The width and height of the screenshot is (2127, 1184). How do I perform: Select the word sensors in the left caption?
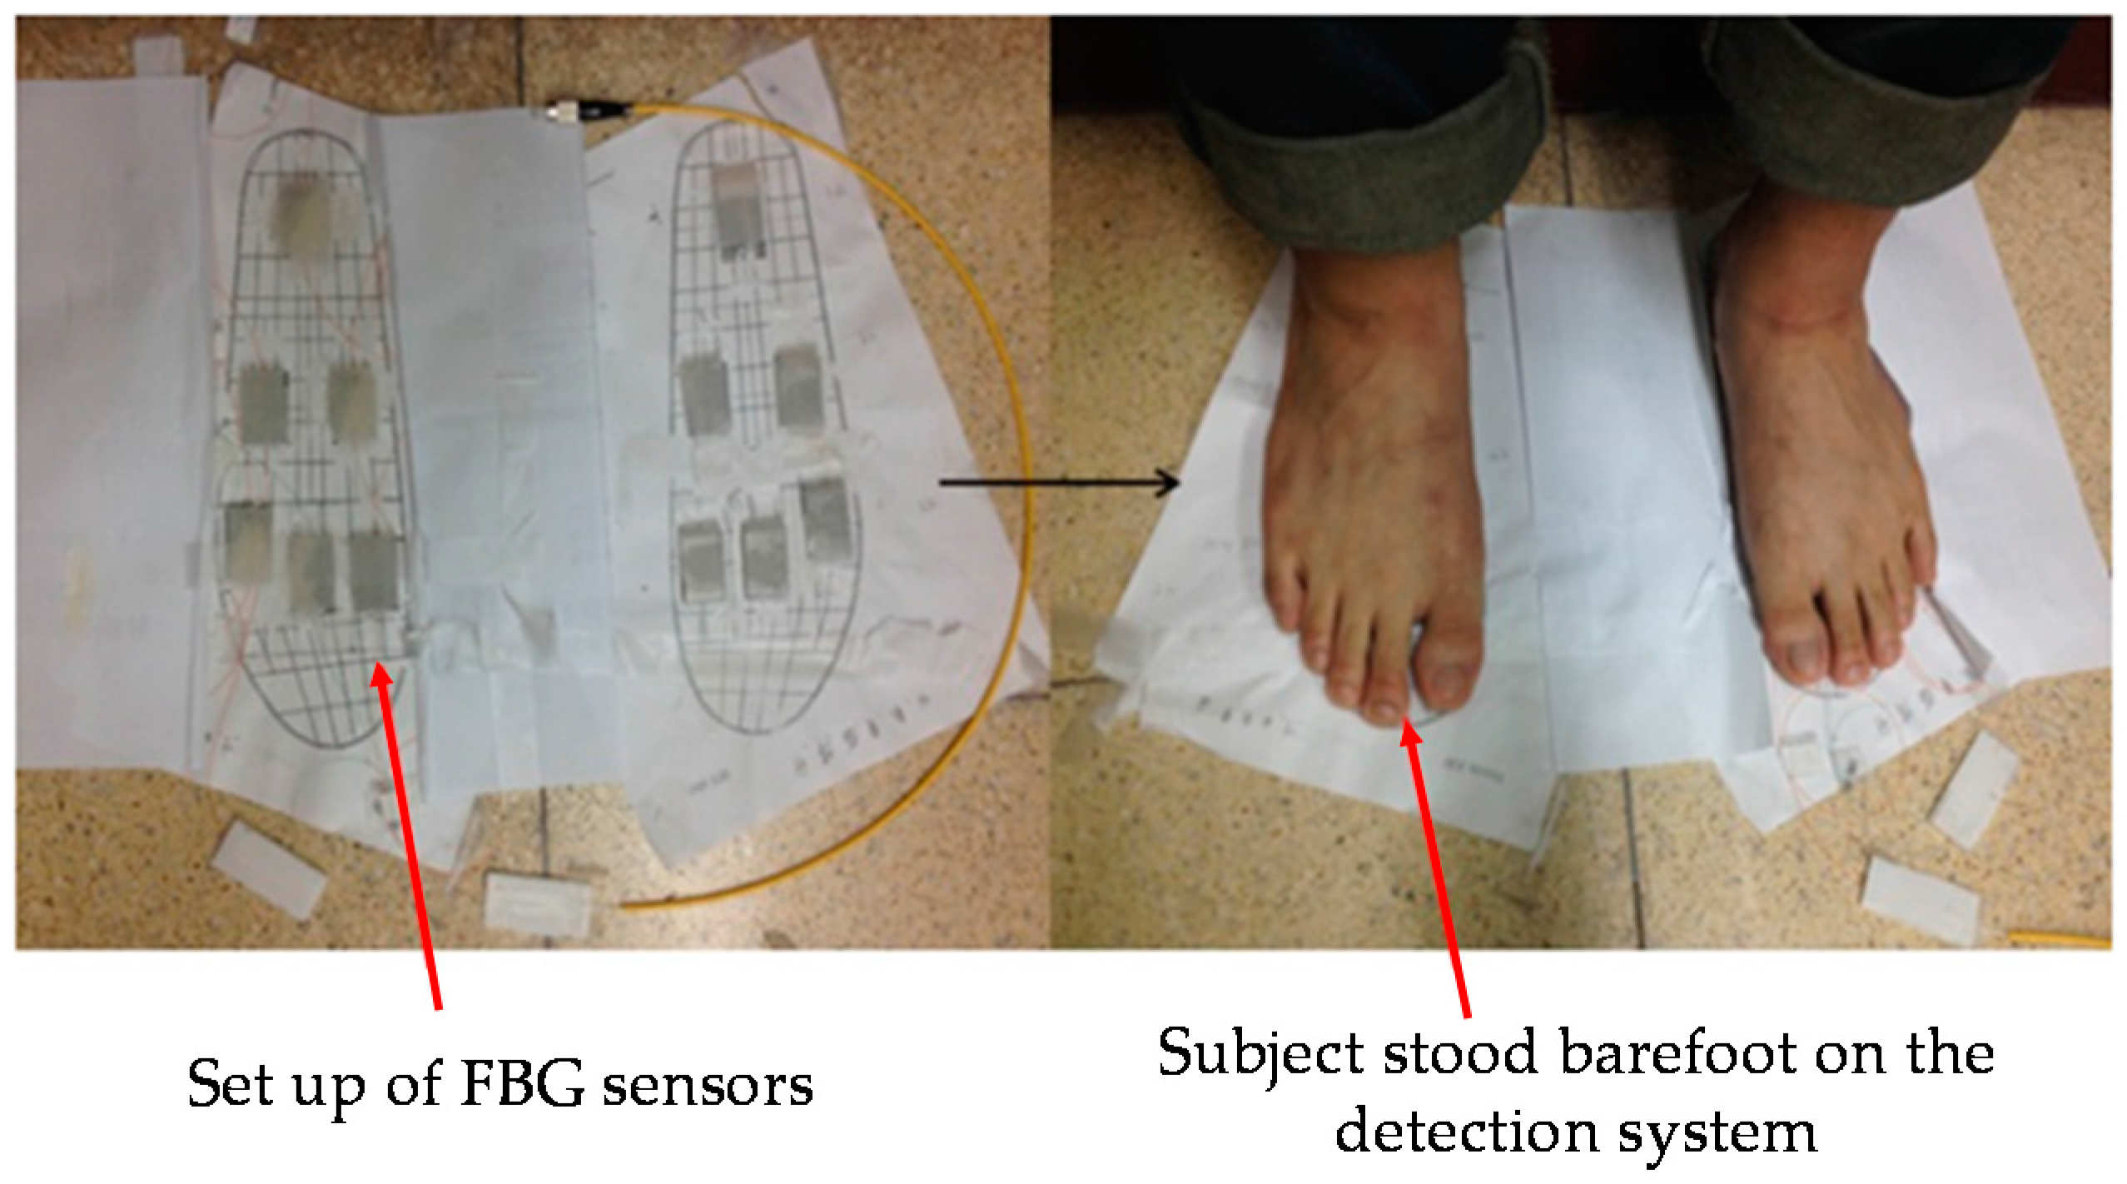tap(708, 1085)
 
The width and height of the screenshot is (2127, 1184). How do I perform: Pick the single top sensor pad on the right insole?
tap(739, 208)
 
